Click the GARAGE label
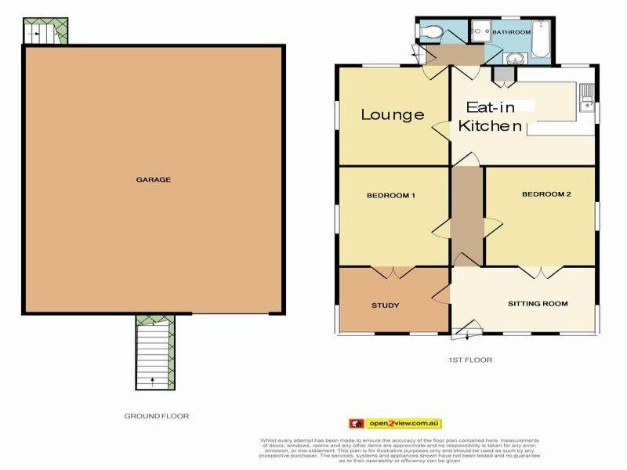click(154, 179)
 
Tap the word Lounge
click(392, 114)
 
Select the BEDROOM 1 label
click(390, 195)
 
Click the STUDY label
click(385, 305)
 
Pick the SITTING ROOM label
click(538, 303)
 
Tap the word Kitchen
click(490, 126)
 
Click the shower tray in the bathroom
click(480, 32)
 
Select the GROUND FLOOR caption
click(157, 416)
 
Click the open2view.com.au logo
click(395, 424)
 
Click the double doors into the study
click(392, 273)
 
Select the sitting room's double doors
click(539, 273)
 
